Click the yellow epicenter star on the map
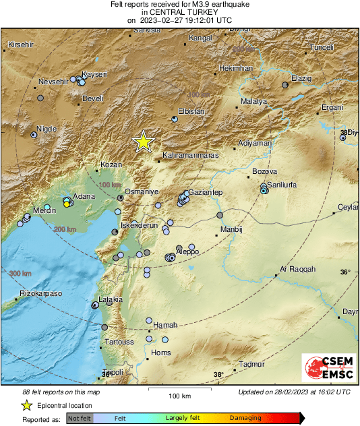click(x=143, y=142)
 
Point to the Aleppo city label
click(x=187, y=251)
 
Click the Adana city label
click(x=84, y=196)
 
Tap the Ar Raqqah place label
click(x=297, y=269)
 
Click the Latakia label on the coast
click(x=111, y=299)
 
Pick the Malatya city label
click(x=253, y=101)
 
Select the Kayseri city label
click(x=94, y=74)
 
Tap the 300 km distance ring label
click(x=20, y=274)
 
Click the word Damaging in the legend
click(x=245, y=419)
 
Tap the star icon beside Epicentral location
click(x=26, y=405)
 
